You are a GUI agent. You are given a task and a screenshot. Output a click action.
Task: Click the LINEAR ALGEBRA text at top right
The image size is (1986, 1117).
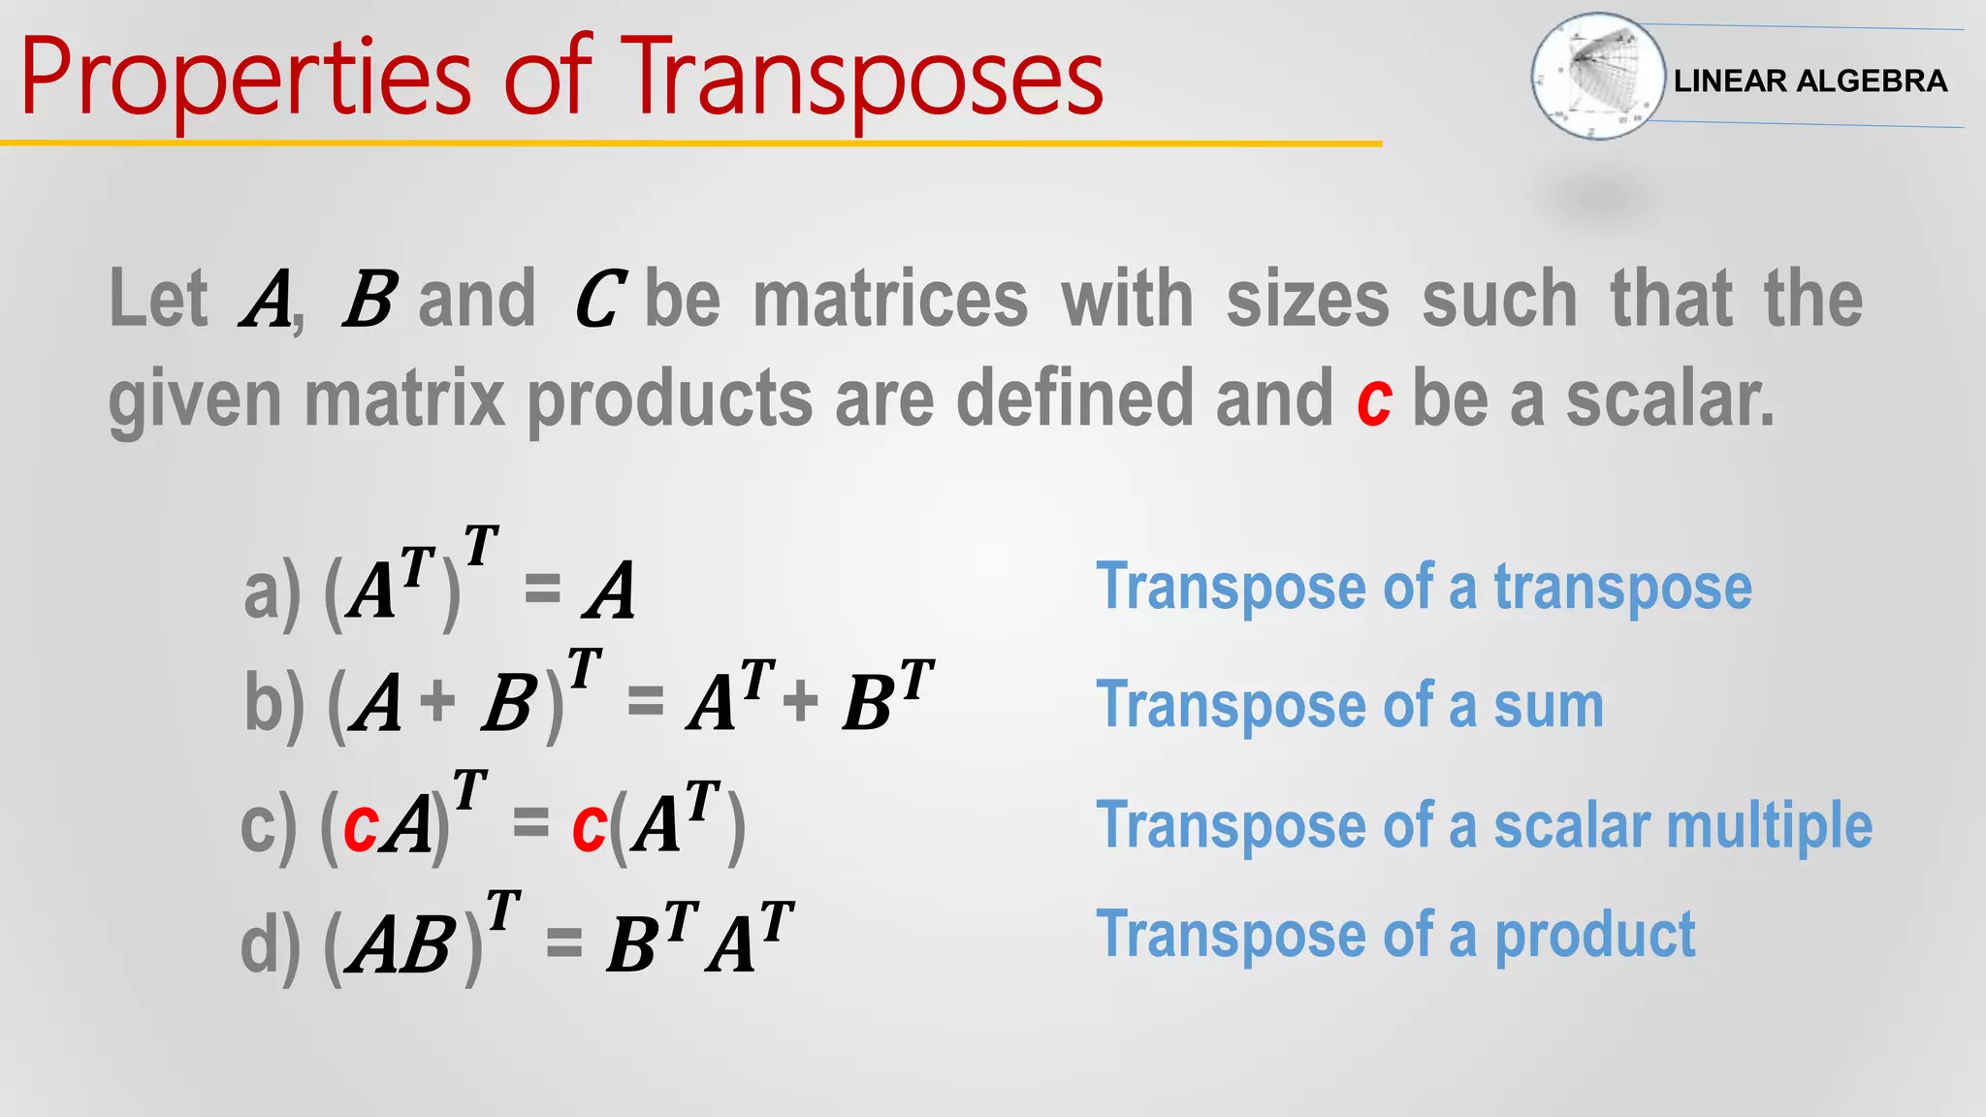[1810, 80]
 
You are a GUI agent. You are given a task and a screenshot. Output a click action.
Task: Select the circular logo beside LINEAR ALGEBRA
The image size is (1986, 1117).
[1596, 76]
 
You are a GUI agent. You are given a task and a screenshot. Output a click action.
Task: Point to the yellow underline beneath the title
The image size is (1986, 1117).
[690, 144]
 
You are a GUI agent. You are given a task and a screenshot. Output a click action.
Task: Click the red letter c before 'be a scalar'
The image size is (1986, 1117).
[1374, 400]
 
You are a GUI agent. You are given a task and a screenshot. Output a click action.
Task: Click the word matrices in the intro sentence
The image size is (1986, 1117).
[889, 300]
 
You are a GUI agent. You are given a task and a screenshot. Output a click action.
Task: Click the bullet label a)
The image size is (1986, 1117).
[272, 593]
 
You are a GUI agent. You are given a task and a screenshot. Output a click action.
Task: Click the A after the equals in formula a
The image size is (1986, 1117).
[610, 591]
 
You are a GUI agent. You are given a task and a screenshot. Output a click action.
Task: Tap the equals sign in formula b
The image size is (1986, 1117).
[645, 700]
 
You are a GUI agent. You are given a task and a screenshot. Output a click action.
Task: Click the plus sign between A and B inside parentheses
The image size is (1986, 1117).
[438, 700]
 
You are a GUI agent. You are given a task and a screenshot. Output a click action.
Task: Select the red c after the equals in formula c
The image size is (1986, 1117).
[589, 827]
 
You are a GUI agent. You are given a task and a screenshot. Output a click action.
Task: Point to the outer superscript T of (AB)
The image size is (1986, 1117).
[503, 911]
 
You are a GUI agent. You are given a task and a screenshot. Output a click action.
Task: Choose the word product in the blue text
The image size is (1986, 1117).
[1594, 935]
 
